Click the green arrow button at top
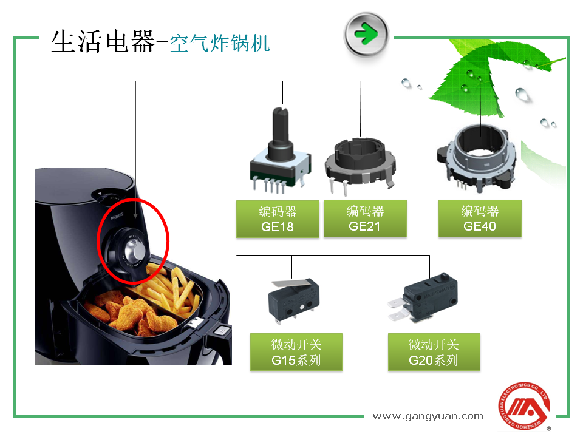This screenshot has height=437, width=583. (x=366, y=35)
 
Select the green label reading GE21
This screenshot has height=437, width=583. (x=365, y=218)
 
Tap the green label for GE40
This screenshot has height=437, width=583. (x=480, y=218)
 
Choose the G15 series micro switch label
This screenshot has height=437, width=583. (x=296, y=352)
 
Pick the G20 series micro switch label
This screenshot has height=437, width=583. (x=434, y=352)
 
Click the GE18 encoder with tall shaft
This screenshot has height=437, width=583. (x=281, y=152)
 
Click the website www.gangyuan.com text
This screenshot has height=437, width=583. (x=428, y=416)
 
